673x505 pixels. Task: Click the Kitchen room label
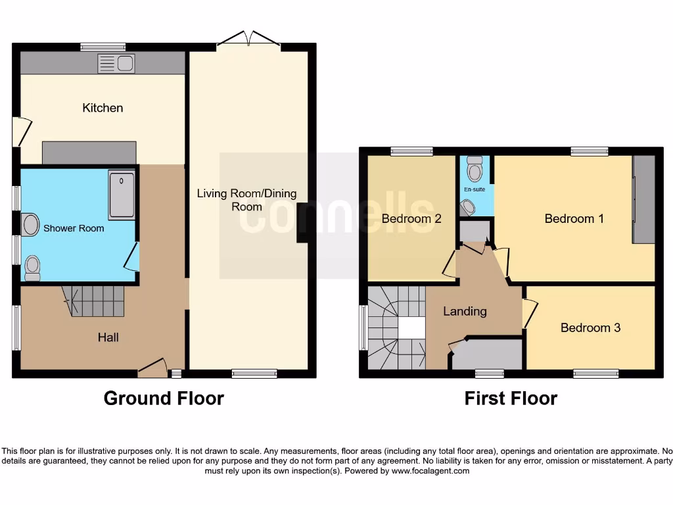pos(103,108)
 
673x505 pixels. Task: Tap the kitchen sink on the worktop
pos(116,64)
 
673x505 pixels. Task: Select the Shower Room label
pos(74,229)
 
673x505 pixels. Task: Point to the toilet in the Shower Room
pos(32,266)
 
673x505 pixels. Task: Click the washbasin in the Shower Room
pos(30,225)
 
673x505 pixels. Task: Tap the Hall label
pos(108,337)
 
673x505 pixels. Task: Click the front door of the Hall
pos(152,369)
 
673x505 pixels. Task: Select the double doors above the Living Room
pos(248,39)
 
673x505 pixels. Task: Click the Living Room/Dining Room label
pos(246,200)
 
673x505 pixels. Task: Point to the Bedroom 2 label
pos(411,219)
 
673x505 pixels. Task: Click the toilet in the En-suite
pos(474,170)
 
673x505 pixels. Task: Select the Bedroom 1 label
pos(574,219)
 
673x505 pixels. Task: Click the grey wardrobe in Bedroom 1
pos(643,199)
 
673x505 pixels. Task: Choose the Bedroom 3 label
pos(590,327)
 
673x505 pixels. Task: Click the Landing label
pos(465,311)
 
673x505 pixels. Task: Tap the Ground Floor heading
pos(164,398)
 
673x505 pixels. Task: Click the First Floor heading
pos(511,398)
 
